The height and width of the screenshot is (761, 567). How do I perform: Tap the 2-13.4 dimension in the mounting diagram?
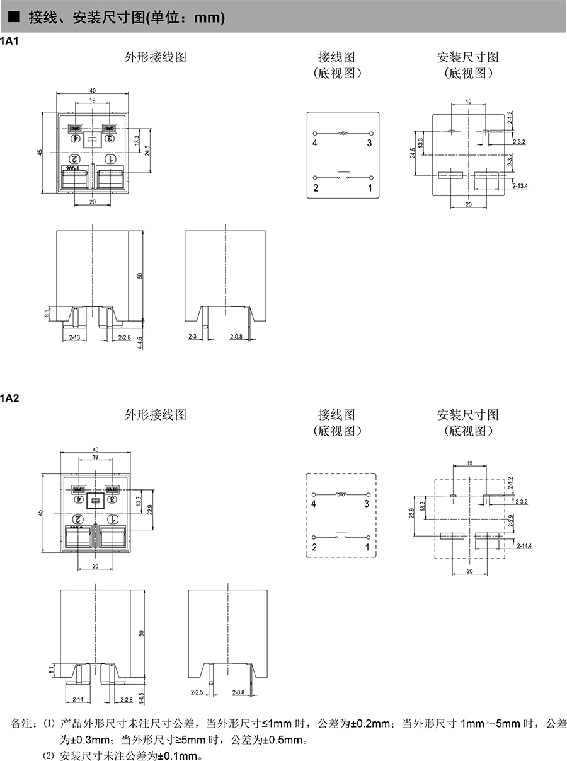point(520,185)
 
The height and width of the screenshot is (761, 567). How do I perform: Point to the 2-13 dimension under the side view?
point(74,337)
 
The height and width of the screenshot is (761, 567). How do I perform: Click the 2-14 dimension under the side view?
point(78,699)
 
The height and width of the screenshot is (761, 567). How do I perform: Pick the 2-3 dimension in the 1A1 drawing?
point(193,337)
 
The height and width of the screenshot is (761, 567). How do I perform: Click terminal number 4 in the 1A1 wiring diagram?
point(314,143)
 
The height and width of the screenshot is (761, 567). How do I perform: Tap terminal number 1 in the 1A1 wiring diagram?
point(370,188)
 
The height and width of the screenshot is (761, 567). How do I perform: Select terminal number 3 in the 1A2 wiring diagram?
point(367,504)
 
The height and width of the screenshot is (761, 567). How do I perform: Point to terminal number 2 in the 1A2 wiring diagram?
point(314,547)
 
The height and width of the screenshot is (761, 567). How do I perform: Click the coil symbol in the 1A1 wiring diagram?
point(343,133)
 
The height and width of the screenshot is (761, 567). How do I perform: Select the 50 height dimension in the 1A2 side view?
point(142,633)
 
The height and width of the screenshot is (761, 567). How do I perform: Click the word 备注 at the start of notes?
point(21,723)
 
